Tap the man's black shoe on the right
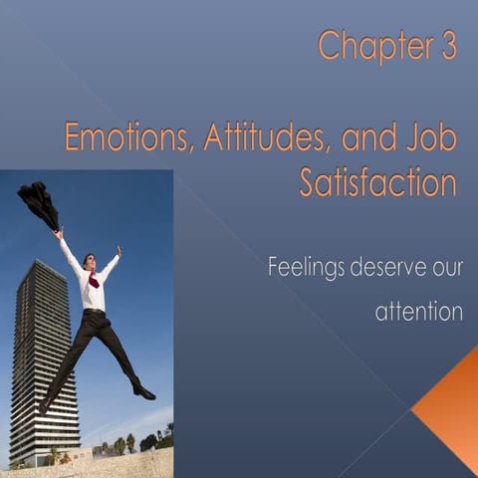pyautogui.click(x=144, y=392)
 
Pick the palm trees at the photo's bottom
pyautogui.click(x=124, y=443)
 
